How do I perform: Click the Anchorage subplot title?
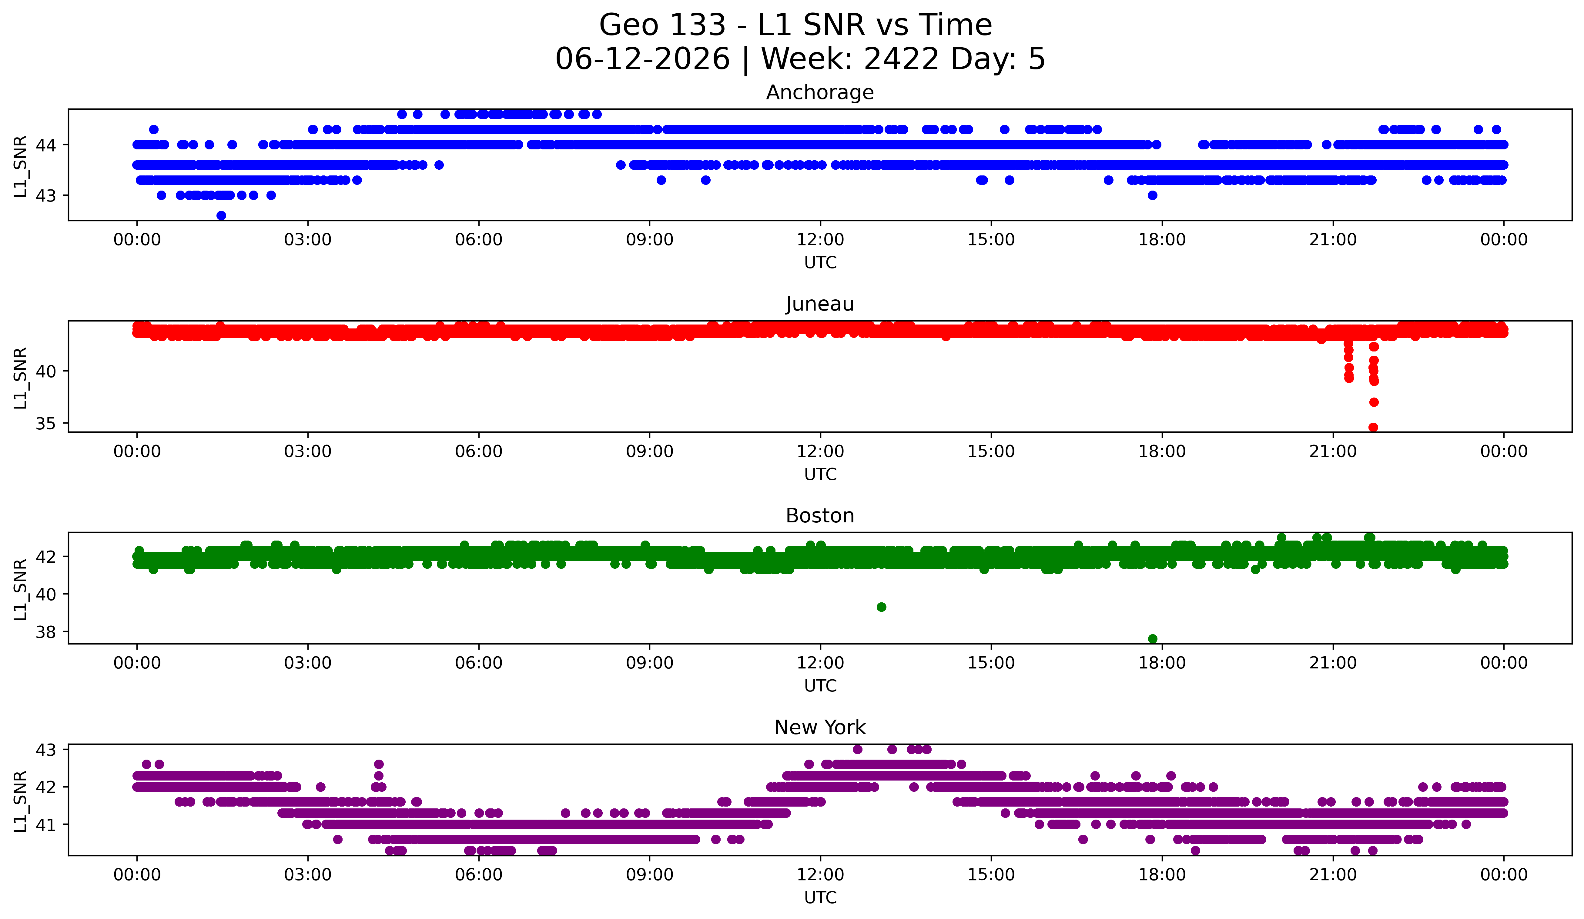820,92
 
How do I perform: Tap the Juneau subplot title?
820,304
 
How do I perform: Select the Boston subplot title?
820,516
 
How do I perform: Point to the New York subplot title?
820,728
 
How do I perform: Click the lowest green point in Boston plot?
1152,639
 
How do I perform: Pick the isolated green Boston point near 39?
881,607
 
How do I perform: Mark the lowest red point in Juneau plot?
1373,427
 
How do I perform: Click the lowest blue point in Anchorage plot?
221,215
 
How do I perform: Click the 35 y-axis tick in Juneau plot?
45,424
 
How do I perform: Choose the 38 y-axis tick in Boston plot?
45,632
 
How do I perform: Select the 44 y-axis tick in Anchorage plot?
45,145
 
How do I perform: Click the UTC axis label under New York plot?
820,898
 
